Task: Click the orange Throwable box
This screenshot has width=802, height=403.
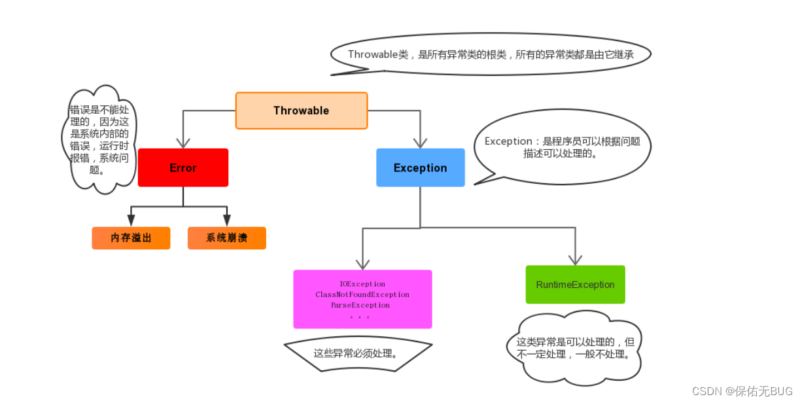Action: (302, 111)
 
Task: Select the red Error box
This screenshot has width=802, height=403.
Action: (183, 167)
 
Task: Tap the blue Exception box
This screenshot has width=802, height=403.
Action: (420, 167)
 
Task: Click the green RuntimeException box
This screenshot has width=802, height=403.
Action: (575, 285)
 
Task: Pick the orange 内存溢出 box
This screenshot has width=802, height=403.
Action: (131, 238)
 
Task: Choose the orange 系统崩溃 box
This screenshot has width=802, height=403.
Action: (226, 238)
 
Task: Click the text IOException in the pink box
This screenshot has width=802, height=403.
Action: (362, 285)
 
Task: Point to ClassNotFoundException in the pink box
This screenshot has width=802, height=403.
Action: (362, 295)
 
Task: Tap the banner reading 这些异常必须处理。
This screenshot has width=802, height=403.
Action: (357, 354)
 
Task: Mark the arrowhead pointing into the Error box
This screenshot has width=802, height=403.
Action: (183, 142)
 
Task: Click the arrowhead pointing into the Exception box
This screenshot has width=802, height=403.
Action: (420, 142)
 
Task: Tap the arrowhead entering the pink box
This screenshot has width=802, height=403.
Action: (362, 263)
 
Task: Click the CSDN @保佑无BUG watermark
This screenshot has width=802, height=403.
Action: (742, 391)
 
